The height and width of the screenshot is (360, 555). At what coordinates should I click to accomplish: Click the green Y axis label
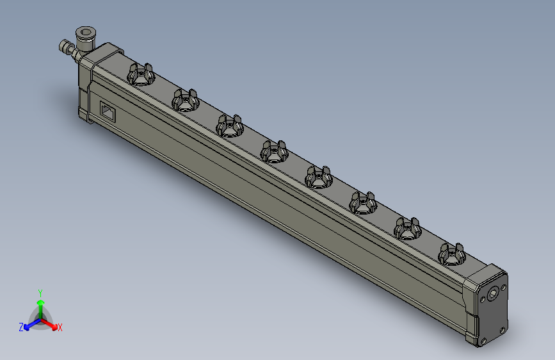click(x=40, y=292)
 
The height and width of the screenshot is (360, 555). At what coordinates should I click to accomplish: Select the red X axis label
click(x=60, y=328)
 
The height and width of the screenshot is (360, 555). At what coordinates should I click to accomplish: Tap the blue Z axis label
click(x=21, y=327)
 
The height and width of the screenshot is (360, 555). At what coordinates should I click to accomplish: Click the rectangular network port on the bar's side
click(x=108, y=112)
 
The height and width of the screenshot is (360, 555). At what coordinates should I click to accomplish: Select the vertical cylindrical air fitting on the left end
click(x=84, y=38)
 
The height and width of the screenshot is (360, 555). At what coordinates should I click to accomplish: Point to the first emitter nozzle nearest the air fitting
click(x=140, y=76)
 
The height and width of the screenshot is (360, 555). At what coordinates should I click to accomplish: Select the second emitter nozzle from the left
click(x=184, y=101)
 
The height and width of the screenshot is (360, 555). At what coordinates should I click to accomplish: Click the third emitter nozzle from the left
click(x=229, y=126)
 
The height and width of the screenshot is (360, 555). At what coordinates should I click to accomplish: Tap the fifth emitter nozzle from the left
click(x=318, y=177)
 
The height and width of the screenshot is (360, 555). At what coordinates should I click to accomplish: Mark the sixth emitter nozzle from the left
click(x=362, y=203)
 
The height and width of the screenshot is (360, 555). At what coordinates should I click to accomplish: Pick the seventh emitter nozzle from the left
click(x=406, y=229)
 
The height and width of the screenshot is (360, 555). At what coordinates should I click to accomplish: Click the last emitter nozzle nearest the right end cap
click(x=451, y=255)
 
